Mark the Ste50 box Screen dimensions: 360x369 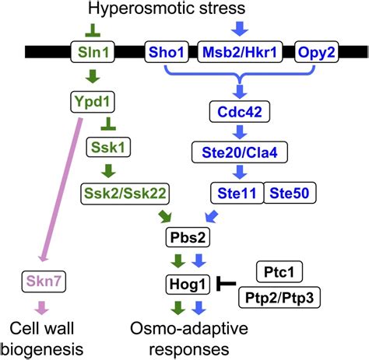pos(288,191)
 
